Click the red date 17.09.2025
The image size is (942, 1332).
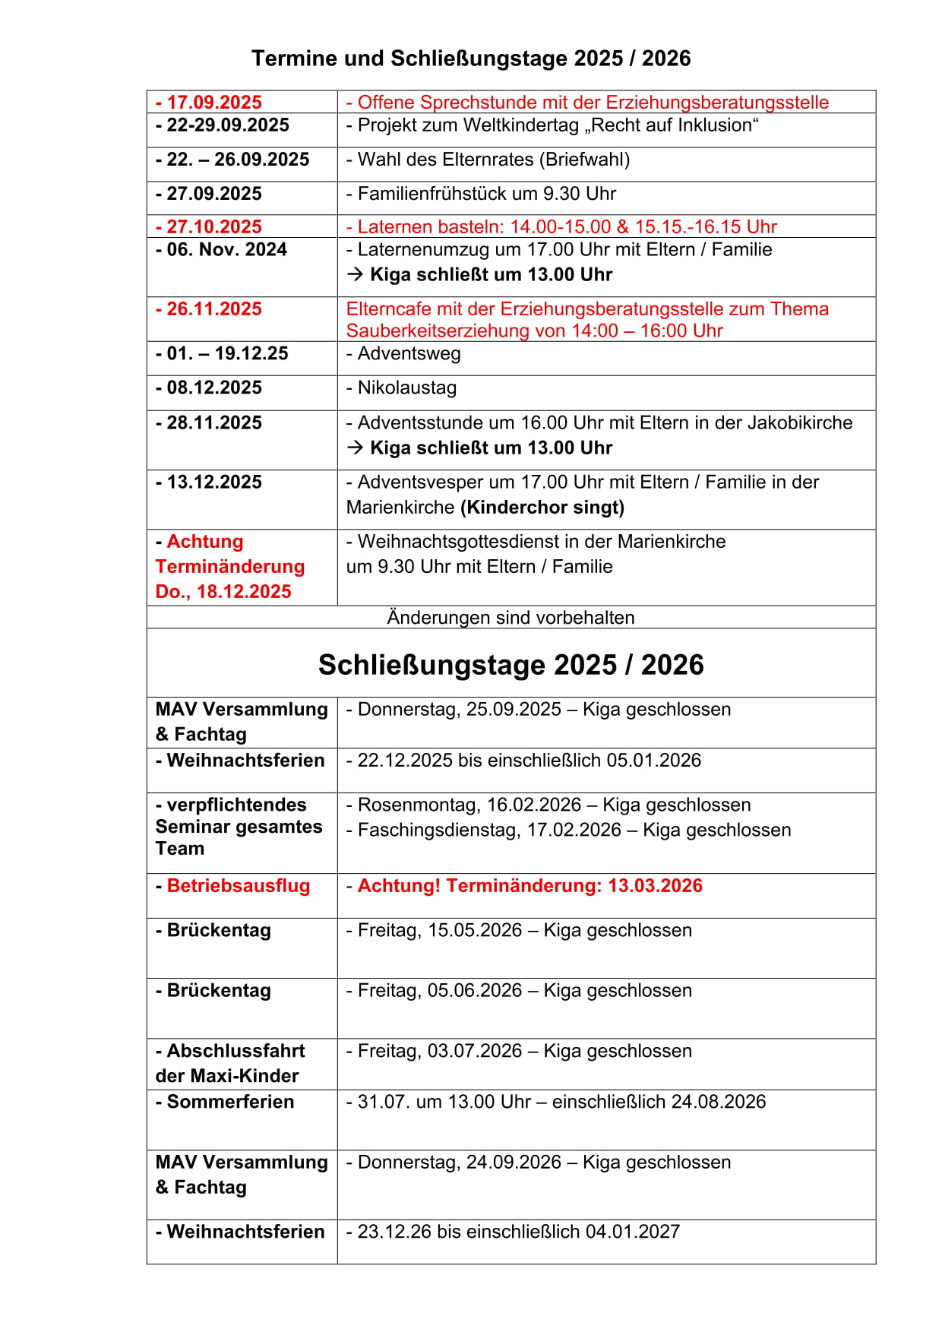[213, 103]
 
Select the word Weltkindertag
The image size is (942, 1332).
[519, 125]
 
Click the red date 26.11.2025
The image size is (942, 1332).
[213, 309]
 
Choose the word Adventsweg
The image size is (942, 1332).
[409, 354]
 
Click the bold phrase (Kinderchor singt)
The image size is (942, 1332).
[542, 508]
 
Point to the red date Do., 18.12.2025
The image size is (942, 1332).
[223, 592]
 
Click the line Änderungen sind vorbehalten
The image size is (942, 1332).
[511, 618]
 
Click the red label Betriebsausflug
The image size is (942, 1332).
[238, 886]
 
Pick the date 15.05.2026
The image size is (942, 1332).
[475, 931]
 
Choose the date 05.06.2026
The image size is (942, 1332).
[475, 991]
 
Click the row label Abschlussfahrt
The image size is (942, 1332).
[235, 1052]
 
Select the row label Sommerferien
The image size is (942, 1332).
[230, 1103]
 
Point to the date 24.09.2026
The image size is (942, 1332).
[514, 1163]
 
